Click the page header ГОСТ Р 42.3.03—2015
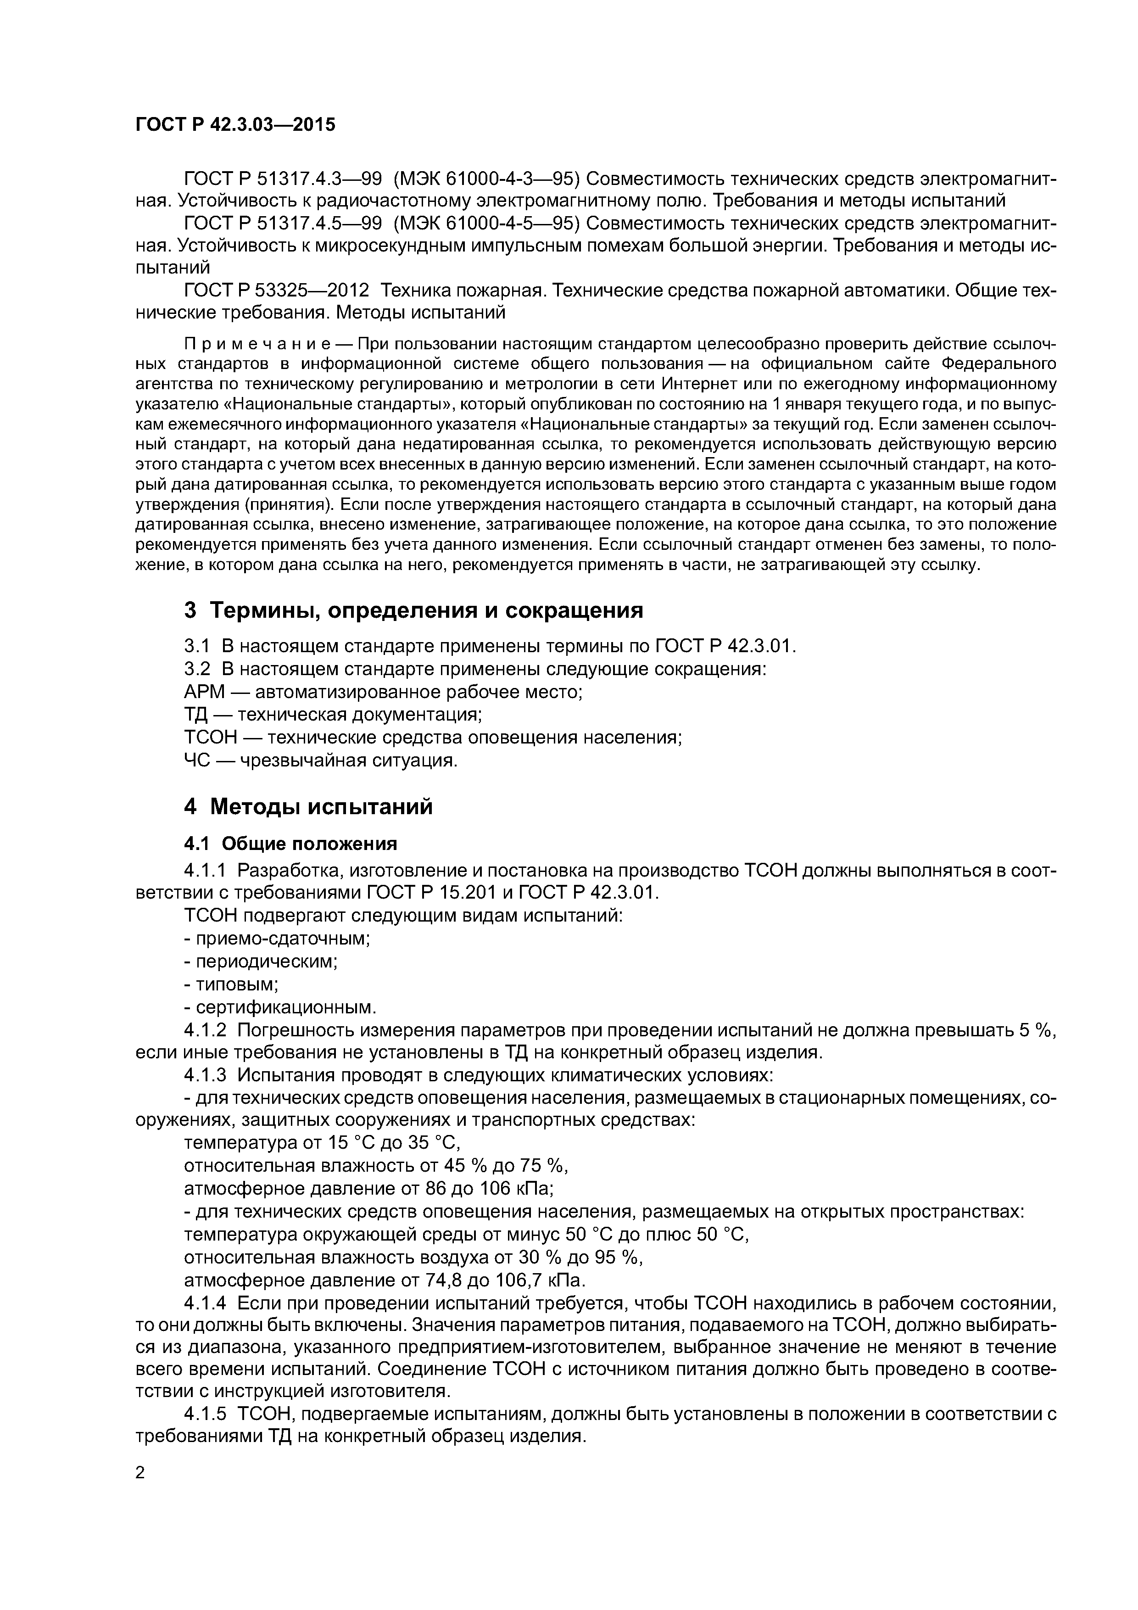pyautogui.click(x=235, y=125)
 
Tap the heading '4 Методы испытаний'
pyautogui.click(x=308, y=807)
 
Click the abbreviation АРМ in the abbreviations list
pyautogui.click(x=204, y=692)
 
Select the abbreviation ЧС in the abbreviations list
pyautogui.click(x=196, y=760)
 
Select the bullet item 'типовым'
pyautogui.click(x=231, y=984)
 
